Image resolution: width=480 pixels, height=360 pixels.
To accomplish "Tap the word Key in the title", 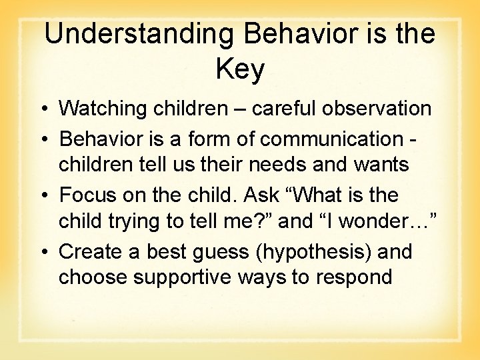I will [240, 69].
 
